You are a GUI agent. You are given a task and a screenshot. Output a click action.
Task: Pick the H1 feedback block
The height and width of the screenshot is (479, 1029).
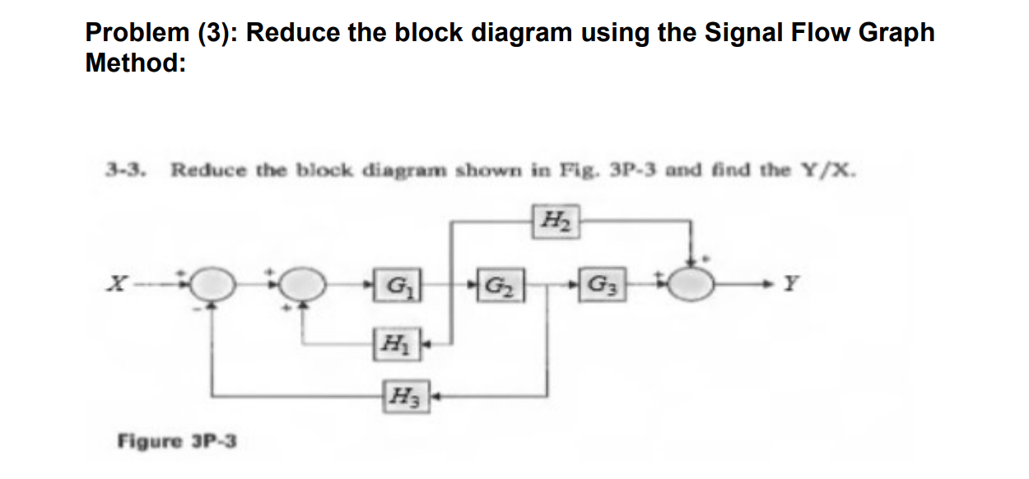(393, 342)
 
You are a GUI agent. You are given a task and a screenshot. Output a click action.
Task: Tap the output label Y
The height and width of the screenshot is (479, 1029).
(791, 286)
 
